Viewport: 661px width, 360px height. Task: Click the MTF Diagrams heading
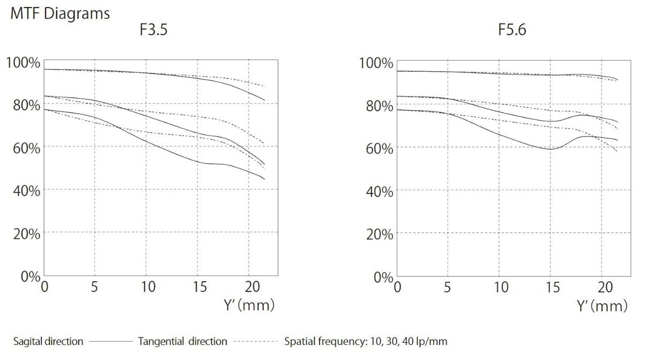point(60,13)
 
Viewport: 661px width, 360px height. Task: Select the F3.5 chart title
point(153,29)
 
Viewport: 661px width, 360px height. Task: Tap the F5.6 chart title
point(512,30)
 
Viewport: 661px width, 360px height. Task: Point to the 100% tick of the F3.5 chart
point(23,62)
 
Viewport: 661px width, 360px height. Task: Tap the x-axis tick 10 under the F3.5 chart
point(148,287)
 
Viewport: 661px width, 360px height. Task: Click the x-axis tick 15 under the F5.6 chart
point(552,288)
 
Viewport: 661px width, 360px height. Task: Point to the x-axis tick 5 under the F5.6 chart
point(448,288)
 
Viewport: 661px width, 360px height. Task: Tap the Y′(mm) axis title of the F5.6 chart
point(601,306)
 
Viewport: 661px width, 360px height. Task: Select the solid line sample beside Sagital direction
point(110,341)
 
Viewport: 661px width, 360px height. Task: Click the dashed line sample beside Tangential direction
point(255,341)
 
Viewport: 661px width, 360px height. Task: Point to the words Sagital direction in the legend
point(48,341)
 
